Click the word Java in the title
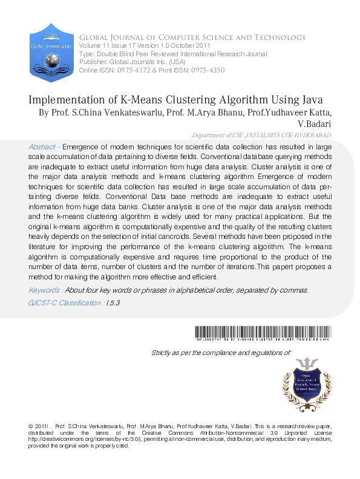tap(309, 100)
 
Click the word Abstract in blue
tap(41, 147)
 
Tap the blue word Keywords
tap(44, 290)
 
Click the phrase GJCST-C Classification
tap(65, 302)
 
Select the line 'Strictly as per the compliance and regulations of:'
tap(221, 352)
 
